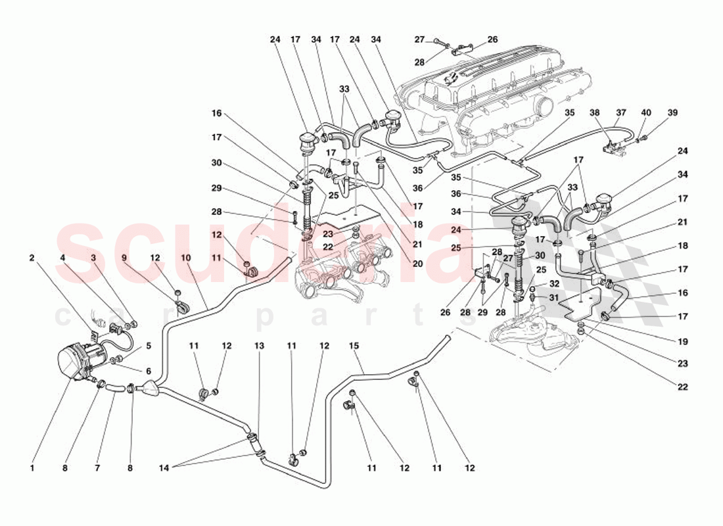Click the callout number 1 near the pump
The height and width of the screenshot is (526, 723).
(31, 469)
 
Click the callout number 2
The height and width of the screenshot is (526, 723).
(31, 258)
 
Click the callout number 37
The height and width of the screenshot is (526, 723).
(620, 112)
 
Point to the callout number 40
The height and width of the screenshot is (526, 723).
(646, 112)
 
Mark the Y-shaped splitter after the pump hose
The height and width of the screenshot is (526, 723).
(151, 389)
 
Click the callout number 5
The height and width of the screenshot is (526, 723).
(149, 345)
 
